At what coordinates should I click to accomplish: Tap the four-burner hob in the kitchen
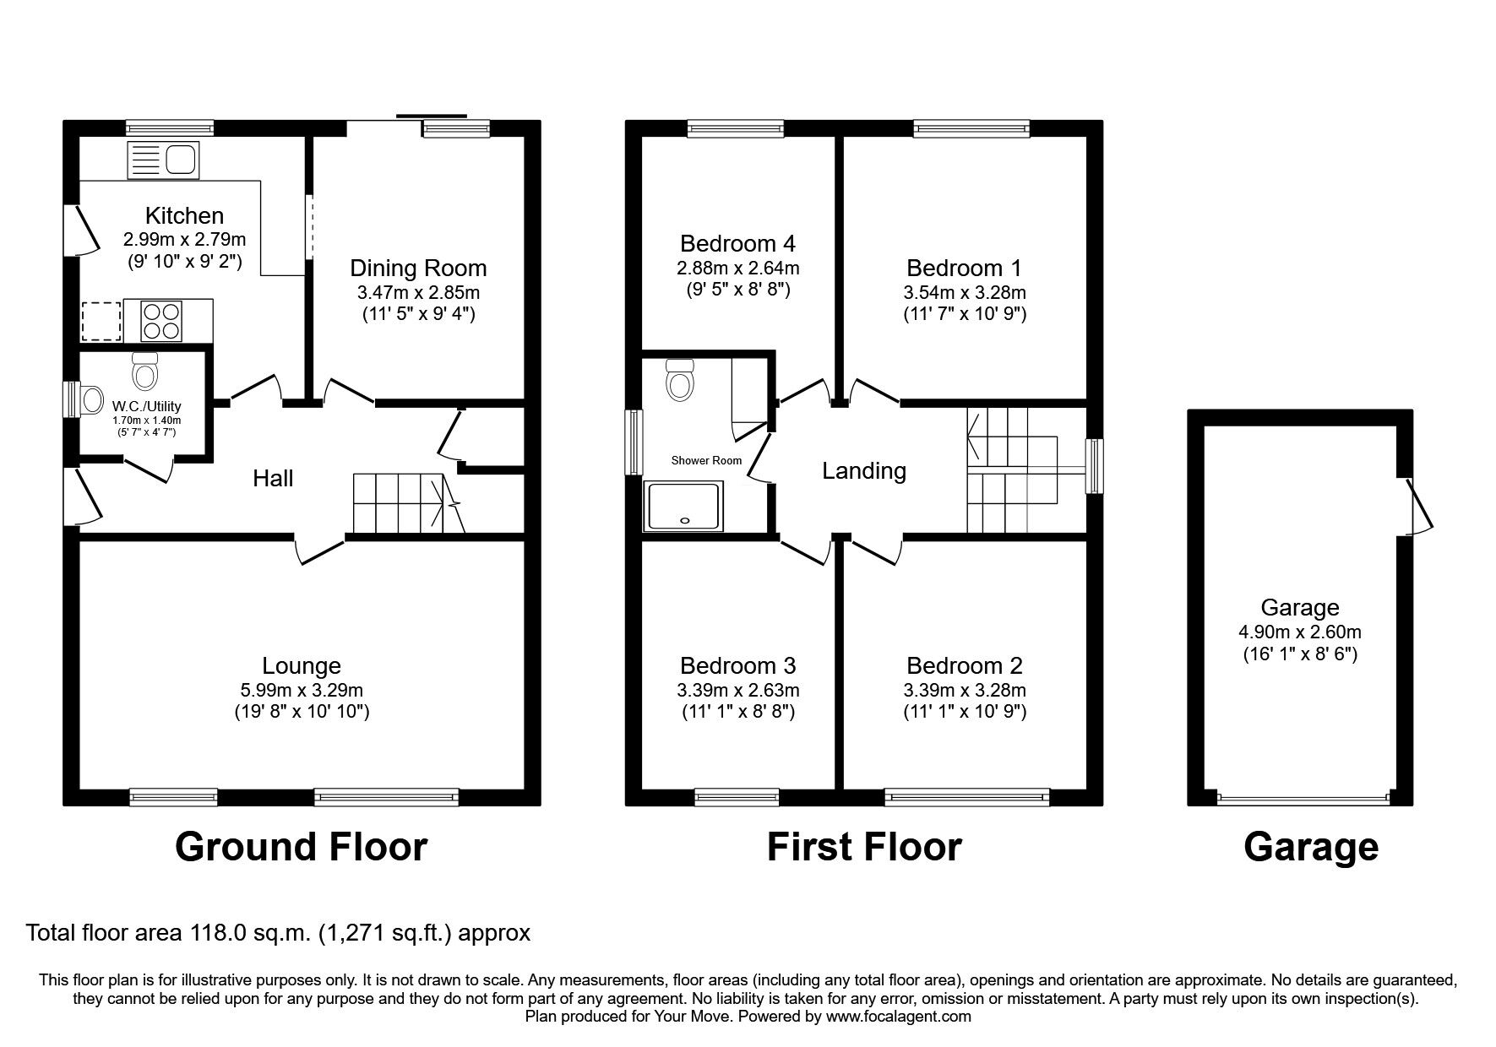tap(161, 321)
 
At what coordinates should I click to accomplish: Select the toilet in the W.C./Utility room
tap(145, 370)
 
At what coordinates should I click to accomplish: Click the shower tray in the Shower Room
tap(683, 507)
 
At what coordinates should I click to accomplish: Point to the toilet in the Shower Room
tap(679, 379)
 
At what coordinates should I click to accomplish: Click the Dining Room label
tap(418, 269)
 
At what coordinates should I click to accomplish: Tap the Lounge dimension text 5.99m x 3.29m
tap(302, 690)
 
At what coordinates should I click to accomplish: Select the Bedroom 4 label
tap(737, 244)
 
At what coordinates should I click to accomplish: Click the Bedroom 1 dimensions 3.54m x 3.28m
tap(964, 292)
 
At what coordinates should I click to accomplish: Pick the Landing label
tap(864, 471)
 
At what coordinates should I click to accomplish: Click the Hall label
tap(273, 479)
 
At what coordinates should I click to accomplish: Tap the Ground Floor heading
tap(301, 847)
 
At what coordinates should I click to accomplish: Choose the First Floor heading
tap(863, 847)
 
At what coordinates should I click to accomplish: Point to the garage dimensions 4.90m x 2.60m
tap(1300, 632)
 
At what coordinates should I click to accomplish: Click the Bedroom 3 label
tap(737, 666)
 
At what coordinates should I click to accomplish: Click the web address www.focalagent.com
tap(898, 1017)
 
